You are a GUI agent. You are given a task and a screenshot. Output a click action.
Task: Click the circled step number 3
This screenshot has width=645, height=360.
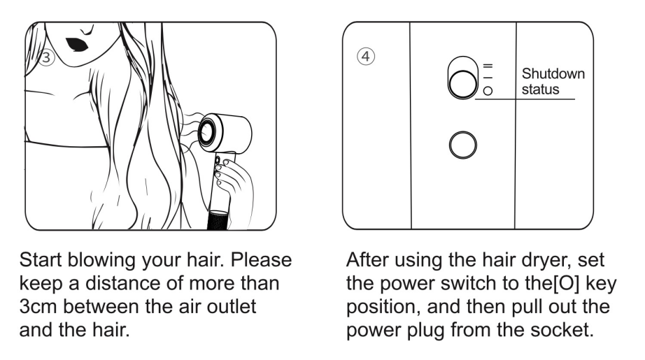[46, 57]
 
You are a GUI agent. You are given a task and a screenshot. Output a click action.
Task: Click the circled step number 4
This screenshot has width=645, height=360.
[366, 57]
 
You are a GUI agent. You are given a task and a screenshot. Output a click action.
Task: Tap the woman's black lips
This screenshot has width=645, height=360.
[77, 45]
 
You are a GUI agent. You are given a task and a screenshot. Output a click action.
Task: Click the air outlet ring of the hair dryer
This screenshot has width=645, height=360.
[206, 132]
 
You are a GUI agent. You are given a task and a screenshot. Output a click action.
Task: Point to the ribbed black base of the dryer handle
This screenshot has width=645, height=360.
[219, 220]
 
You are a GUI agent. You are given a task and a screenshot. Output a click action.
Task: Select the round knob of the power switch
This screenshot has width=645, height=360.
[463, 85]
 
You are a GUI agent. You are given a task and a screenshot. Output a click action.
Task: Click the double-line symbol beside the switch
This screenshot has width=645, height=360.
[488, 66]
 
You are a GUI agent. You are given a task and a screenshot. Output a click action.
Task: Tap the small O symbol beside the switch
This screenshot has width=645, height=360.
[488, 91]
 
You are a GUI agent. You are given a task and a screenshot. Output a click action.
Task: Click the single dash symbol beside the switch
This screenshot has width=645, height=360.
[488, 78]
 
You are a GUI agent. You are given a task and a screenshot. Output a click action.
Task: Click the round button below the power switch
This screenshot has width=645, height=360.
[463, 145]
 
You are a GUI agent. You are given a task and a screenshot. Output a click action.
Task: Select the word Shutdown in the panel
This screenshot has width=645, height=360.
[553, 73]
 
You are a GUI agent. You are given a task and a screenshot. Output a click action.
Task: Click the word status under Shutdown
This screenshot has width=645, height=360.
[540, 89]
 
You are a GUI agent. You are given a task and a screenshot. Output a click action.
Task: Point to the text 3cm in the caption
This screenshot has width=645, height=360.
[38, 307]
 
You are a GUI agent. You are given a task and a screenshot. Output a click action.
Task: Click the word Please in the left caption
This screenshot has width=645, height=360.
[261, 260]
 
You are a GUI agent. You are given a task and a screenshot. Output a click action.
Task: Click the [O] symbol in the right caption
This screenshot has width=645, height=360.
[567, 284]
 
